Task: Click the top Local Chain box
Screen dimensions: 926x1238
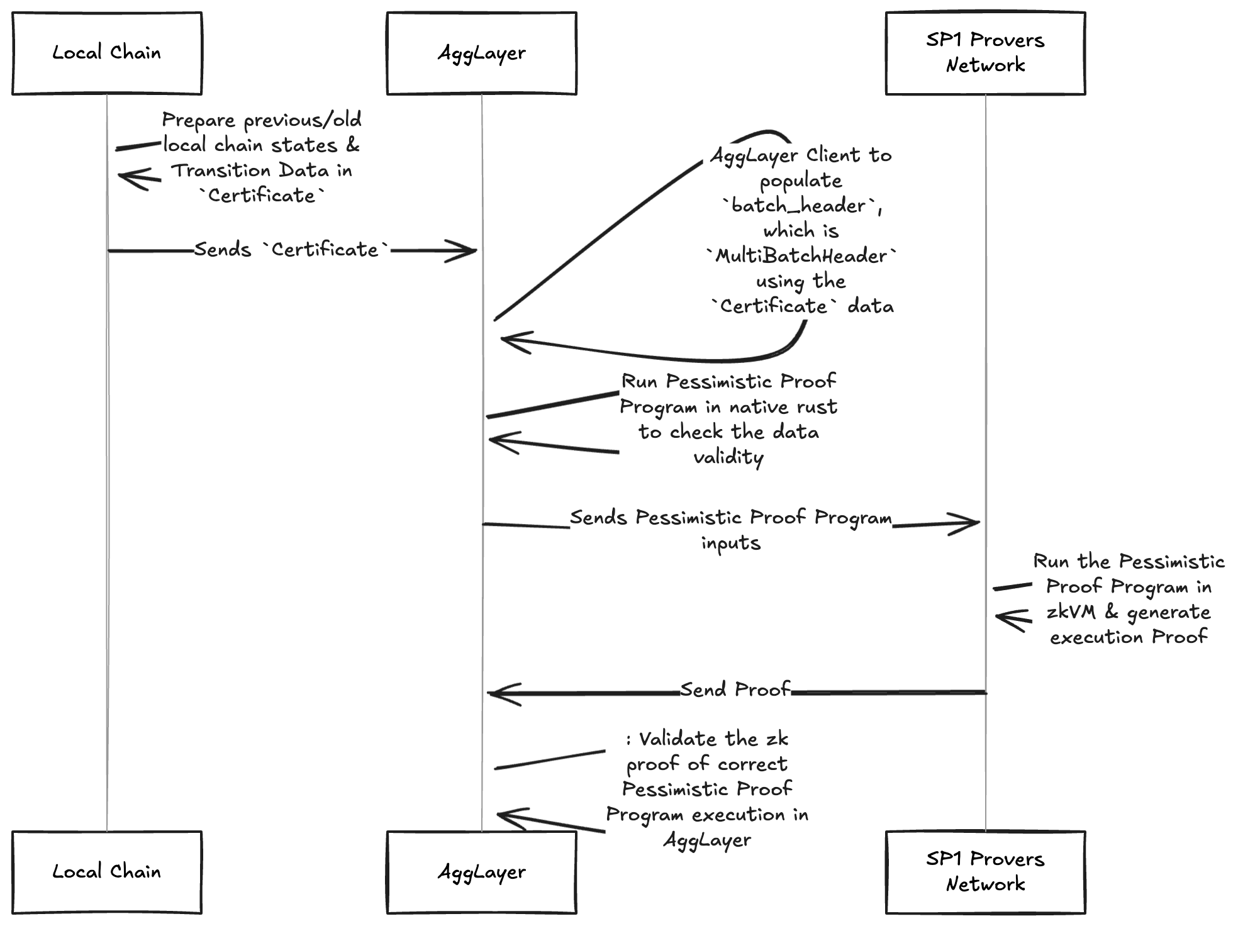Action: tap(107, 53)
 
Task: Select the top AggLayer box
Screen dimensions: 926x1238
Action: tap(481, 53)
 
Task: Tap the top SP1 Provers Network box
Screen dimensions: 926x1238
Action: tap(985, 53)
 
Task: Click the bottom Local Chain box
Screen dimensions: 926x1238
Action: tap(107, 872)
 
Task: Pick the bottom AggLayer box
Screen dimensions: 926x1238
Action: tap(481, 872)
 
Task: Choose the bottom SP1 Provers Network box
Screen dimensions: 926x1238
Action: tap(985, 872)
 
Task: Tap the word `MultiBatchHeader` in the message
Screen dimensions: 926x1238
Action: tap(801, 256)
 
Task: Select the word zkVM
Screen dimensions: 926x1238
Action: tap(1071, 612)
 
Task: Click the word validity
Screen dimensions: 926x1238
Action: tap(728, 457)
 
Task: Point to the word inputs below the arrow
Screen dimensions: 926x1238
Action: tap(731, 543)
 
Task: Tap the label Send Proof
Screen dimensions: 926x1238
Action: tap(735, 689)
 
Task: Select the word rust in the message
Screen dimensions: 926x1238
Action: tap(817, 407)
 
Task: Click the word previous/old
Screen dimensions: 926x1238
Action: tap(302, 120)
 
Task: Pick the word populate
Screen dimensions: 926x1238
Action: tap(800, 181)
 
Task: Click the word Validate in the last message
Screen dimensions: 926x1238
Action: tap(677, 739)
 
